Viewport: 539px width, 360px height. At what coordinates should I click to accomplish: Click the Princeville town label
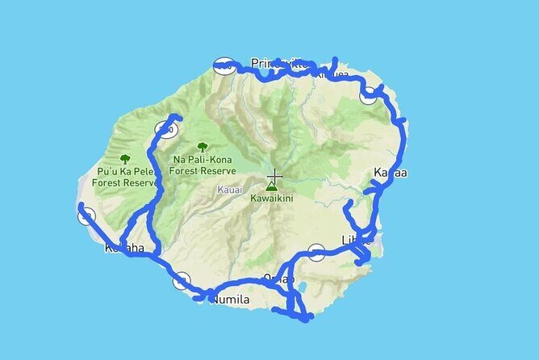pyautogui.click(x=275, y=63)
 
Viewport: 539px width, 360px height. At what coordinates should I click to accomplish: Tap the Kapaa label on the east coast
pyautogui.click(x=391, y=173)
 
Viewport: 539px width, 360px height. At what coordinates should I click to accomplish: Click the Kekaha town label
pyautogui.click(x=124, y=248)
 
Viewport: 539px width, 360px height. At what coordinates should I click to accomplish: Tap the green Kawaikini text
pyautogui.click(x=270, y=196)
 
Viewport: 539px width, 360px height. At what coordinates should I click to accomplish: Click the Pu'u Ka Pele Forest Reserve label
pyautogui.click(x=125, y=178)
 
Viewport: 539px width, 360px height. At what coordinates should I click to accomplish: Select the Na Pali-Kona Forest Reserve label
pyautogui.click(x=203, y=165)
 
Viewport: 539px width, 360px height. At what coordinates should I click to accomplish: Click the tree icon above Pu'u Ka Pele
pyautogui.click(x=125, y=160)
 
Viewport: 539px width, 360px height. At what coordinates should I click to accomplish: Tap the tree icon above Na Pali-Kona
pyautogui.click(x=202, y=148)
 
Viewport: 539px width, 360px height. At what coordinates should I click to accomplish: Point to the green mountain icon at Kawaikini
pyautogui.click(x=269, y=185)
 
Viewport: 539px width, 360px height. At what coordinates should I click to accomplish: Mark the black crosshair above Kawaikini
pyautogui.click(x=275, y=176)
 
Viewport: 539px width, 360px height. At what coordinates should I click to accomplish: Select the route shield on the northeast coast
pyautogui.click(x=370, y=95)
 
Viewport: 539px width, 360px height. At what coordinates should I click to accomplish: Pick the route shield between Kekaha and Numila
pyautogui.click(x=182, y=280)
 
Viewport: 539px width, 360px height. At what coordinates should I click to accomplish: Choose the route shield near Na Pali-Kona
pyautogui.click(x=166, y=129)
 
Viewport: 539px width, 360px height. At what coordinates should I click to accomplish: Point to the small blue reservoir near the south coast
pyautogui.click(x=300, y=287)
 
